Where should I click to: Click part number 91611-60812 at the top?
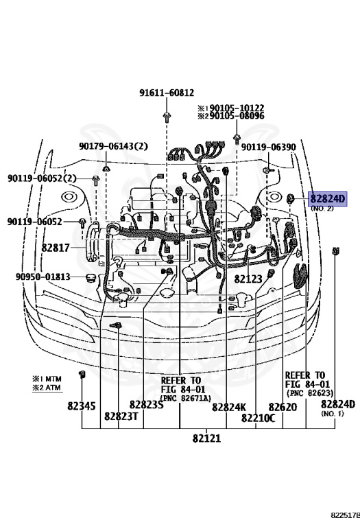coord(167,93)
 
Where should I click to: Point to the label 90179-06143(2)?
coord(112,146)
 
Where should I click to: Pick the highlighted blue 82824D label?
coord(328,199)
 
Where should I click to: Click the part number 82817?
coord(55,247)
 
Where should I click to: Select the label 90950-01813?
coord(43,277)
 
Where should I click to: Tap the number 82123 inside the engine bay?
coord(248,279)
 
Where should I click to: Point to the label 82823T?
coord(121,416)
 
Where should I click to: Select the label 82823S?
coord(146,406)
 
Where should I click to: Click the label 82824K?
coord(228,407)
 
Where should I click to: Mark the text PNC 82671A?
coord(185,398)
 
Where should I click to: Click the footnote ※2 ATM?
coord(45,388)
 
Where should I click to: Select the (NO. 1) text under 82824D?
coord(332,414)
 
